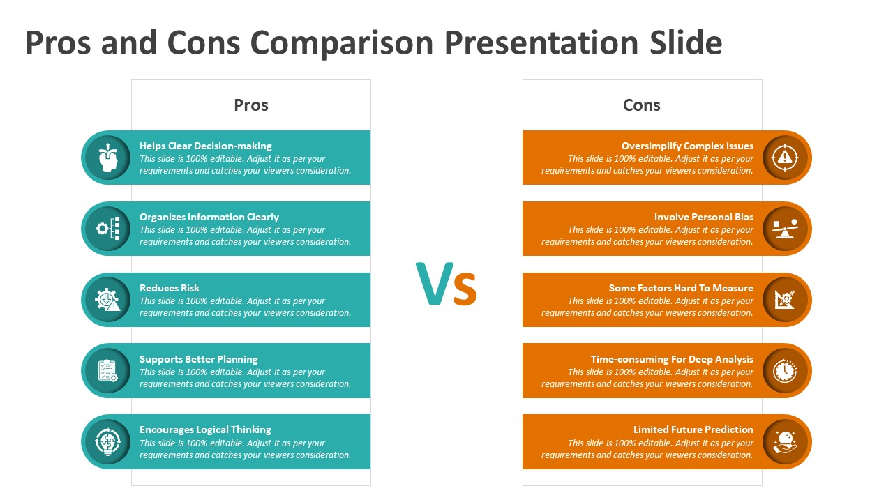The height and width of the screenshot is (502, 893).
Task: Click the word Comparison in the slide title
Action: click(x=342, y=43)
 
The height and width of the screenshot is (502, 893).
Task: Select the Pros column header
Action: click(x=250, y=105)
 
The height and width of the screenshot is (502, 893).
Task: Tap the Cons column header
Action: click(x=641, y=105)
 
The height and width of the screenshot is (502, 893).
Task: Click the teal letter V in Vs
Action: click(x=435, y=283)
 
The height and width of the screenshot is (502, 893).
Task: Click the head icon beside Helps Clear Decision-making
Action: click(x=107, y=158)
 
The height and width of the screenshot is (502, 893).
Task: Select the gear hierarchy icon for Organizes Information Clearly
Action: click(x=107, y=228)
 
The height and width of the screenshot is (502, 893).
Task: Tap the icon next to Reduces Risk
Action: click(x=107, y=300)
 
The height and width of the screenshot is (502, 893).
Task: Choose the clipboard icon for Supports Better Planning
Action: click(x=107, y=370)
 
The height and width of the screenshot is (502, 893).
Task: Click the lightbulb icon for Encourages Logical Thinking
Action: click(x=107, y=442)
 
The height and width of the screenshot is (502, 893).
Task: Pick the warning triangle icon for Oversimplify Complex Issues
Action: click(x=785, y=158)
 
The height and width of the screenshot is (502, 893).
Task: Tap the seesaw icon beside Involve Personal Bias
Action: click(x=785, y=228)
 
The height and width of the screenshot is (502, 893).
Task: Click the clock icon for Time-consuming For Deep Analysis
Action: click(x=785, y=370)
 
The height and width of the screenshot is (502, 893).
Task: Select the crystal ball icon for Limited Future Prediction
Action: click(x=785, y=442)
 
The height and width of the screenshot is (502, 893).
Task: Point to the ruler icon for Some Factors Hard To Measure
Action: click(x=785, y=300)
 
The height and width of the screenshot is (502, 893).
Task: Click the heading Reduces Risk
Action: click(x=170, y=288)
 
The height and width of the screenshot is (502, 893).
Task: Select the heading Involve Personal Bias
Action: click(x=704, y=217)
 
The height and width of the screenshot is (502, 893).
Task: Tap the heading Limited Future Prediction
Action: click(x=693, y=429)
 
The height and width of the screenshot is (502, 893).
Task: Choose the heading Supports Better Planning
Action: click(x=199, y=359)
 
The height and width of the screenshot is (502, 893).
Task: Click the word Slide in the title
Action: click(x=686, y=43)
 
